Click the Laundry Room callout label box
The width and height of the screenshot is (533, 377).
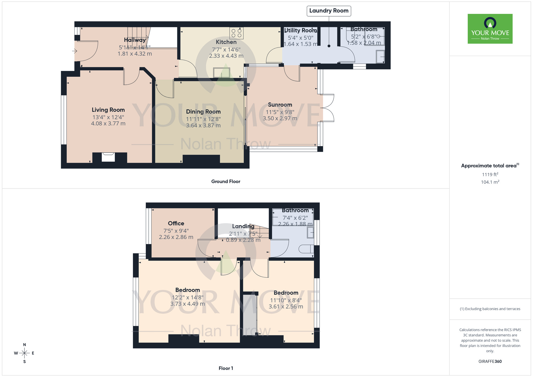(x=329, y=11)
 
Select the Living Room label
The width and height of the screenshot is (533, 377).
(x=108, y=110)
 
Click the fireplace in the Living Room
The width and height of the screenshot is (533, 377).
(x=108, y=157)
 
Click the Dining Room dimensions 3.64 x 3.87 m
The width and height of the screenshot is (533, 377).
(x=203, y=126)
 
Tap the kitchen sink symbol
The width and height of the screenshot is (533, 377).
(x=221, y=73)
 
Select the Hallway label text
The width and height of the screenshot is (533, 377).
(x=135, y=40)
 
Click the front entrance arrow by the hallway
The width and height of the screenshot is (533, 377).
(x=74, y=51)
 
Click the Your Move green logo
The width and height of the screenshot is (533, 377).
(x=490, y=29)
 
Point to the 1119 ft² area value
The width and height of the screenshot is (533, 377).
(x=490, y=175)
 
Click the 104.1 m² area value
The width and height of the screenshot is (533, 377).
(x=490, y=182)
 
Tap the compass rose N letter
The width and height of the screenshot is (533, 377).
(x=25, y=345)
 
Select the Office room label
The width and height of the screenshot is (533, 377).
(x=176, y=223)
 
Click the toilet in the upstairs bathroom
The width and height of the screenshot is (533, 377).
(x=306, y=249)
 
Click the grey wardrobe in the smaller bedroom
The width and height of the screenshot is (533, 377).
(x=250, y=315)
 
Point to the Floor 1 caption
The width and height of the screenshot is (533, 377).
(x=226, y=368)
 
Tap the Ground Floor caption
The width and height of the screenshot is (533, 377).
(x=226, y=181)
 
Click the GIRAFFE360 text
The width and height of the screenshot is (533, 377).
(x=490, y=362)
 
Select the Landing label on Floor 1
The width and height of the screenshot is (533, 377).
(x=243, y=226)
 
